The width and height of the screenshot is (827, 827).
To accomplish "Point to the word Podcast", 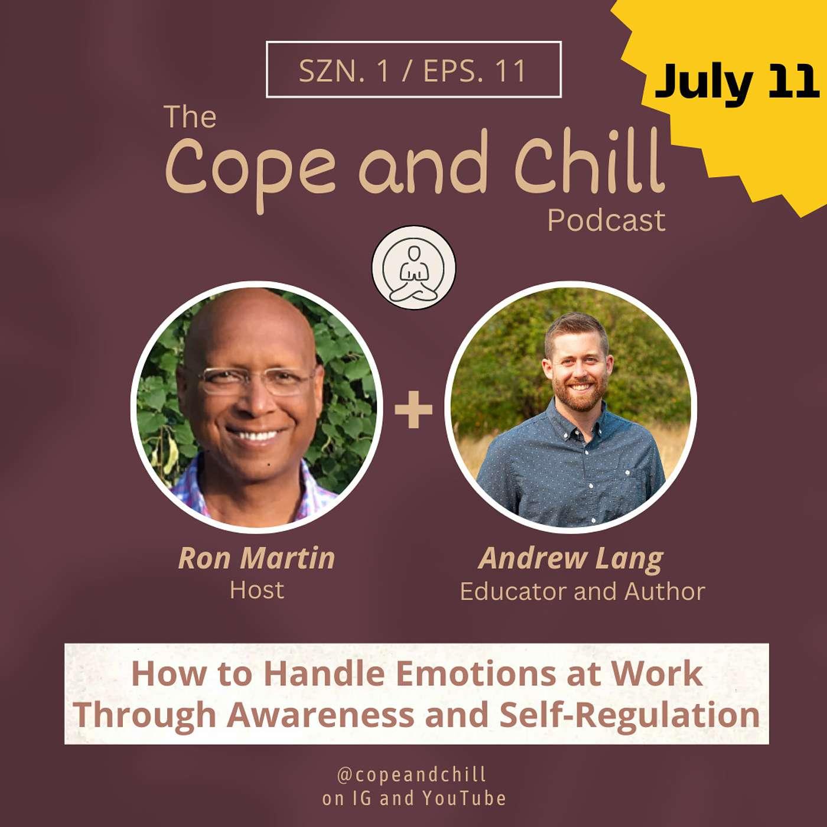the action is (x=607, y=220).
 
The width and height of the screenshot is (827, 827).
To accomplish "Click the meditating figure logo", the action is (x=413, y=268).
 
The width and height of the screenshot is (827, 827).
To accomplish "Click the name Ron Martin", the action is (x=256, y=558).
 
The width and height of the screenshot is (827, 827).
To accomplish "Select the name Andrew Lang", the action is (x=571, y=559).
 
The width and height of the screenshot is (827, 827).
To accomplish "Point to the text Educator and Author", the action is (x=582, y=591).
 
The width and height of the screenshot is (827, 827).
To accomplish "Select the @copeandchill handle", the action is (x=412, y=774).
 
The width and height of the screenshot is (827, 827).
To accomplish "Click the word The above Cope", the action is (x=190, y=116).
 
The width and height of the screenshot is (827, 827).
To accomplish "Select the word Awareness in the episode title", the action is (x=321, y=715).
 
